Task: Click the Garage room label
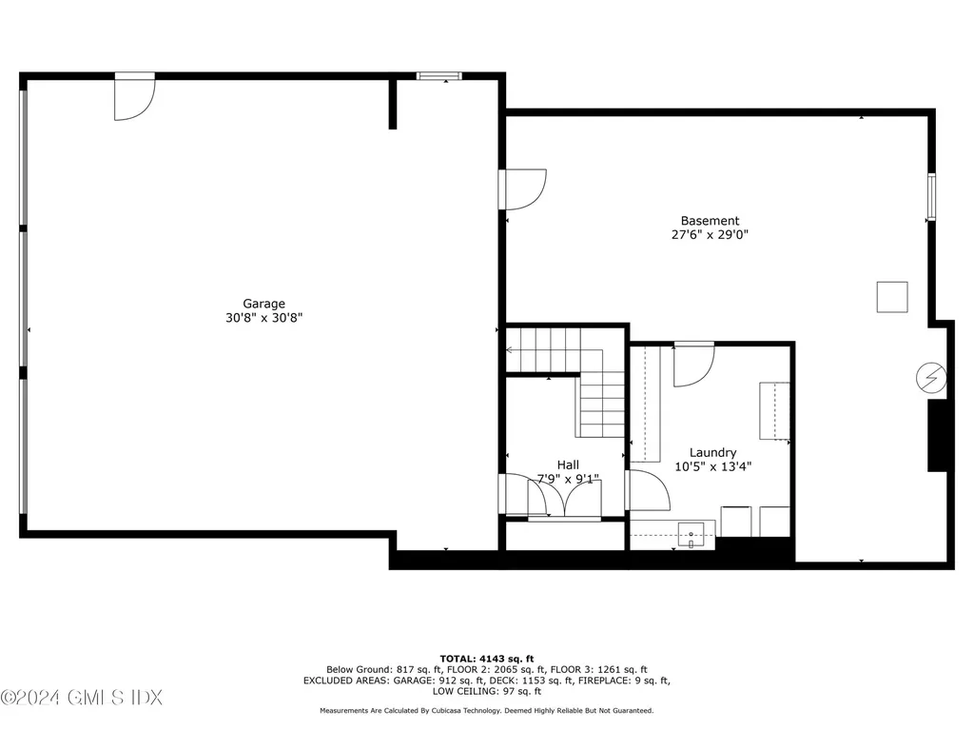(263, 305)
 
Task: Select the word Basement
(710, 221)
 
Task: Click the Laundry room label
(712, 453)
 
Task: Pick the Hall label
(568, 465)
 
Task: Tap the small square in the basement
(892, 297)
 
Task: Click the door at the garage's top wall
(133, 98)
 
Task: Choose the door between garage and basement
(524, 188)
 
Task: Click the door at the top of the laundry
(694, 365)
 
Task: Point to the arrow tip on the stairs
(509, 350)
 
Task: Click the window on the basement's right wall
(931, 197)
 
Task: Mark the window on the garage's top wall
(439, 75)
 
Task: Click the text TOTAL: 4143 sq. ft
(486, 658)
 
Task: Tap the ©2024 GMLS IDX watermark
(82, 698)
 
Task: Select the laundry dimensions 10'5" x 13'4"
(712, 466)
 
